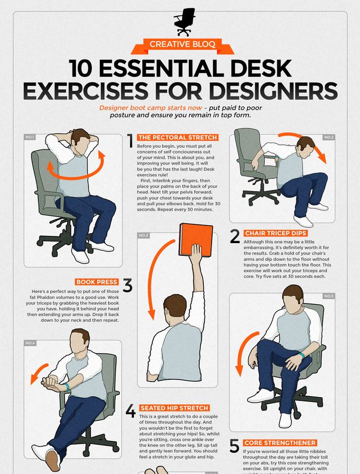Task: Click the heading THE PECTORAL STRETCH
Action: [177, 137]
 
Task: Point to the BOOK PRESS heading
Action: [97, 282]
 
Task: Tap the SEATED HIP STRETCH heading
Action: [174, 408]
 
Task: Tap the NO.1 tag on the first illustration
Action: [30, 137]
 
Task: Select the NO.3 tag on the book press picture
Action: [143, 235]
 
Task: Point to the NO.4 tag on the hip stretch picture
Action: [30, 343]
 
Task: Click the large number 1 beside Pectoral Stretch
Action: [130, 141]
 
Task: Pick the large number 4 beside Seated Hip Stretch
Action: [130, 411]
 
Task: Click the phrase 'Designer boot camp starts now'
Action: [150, 108]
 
